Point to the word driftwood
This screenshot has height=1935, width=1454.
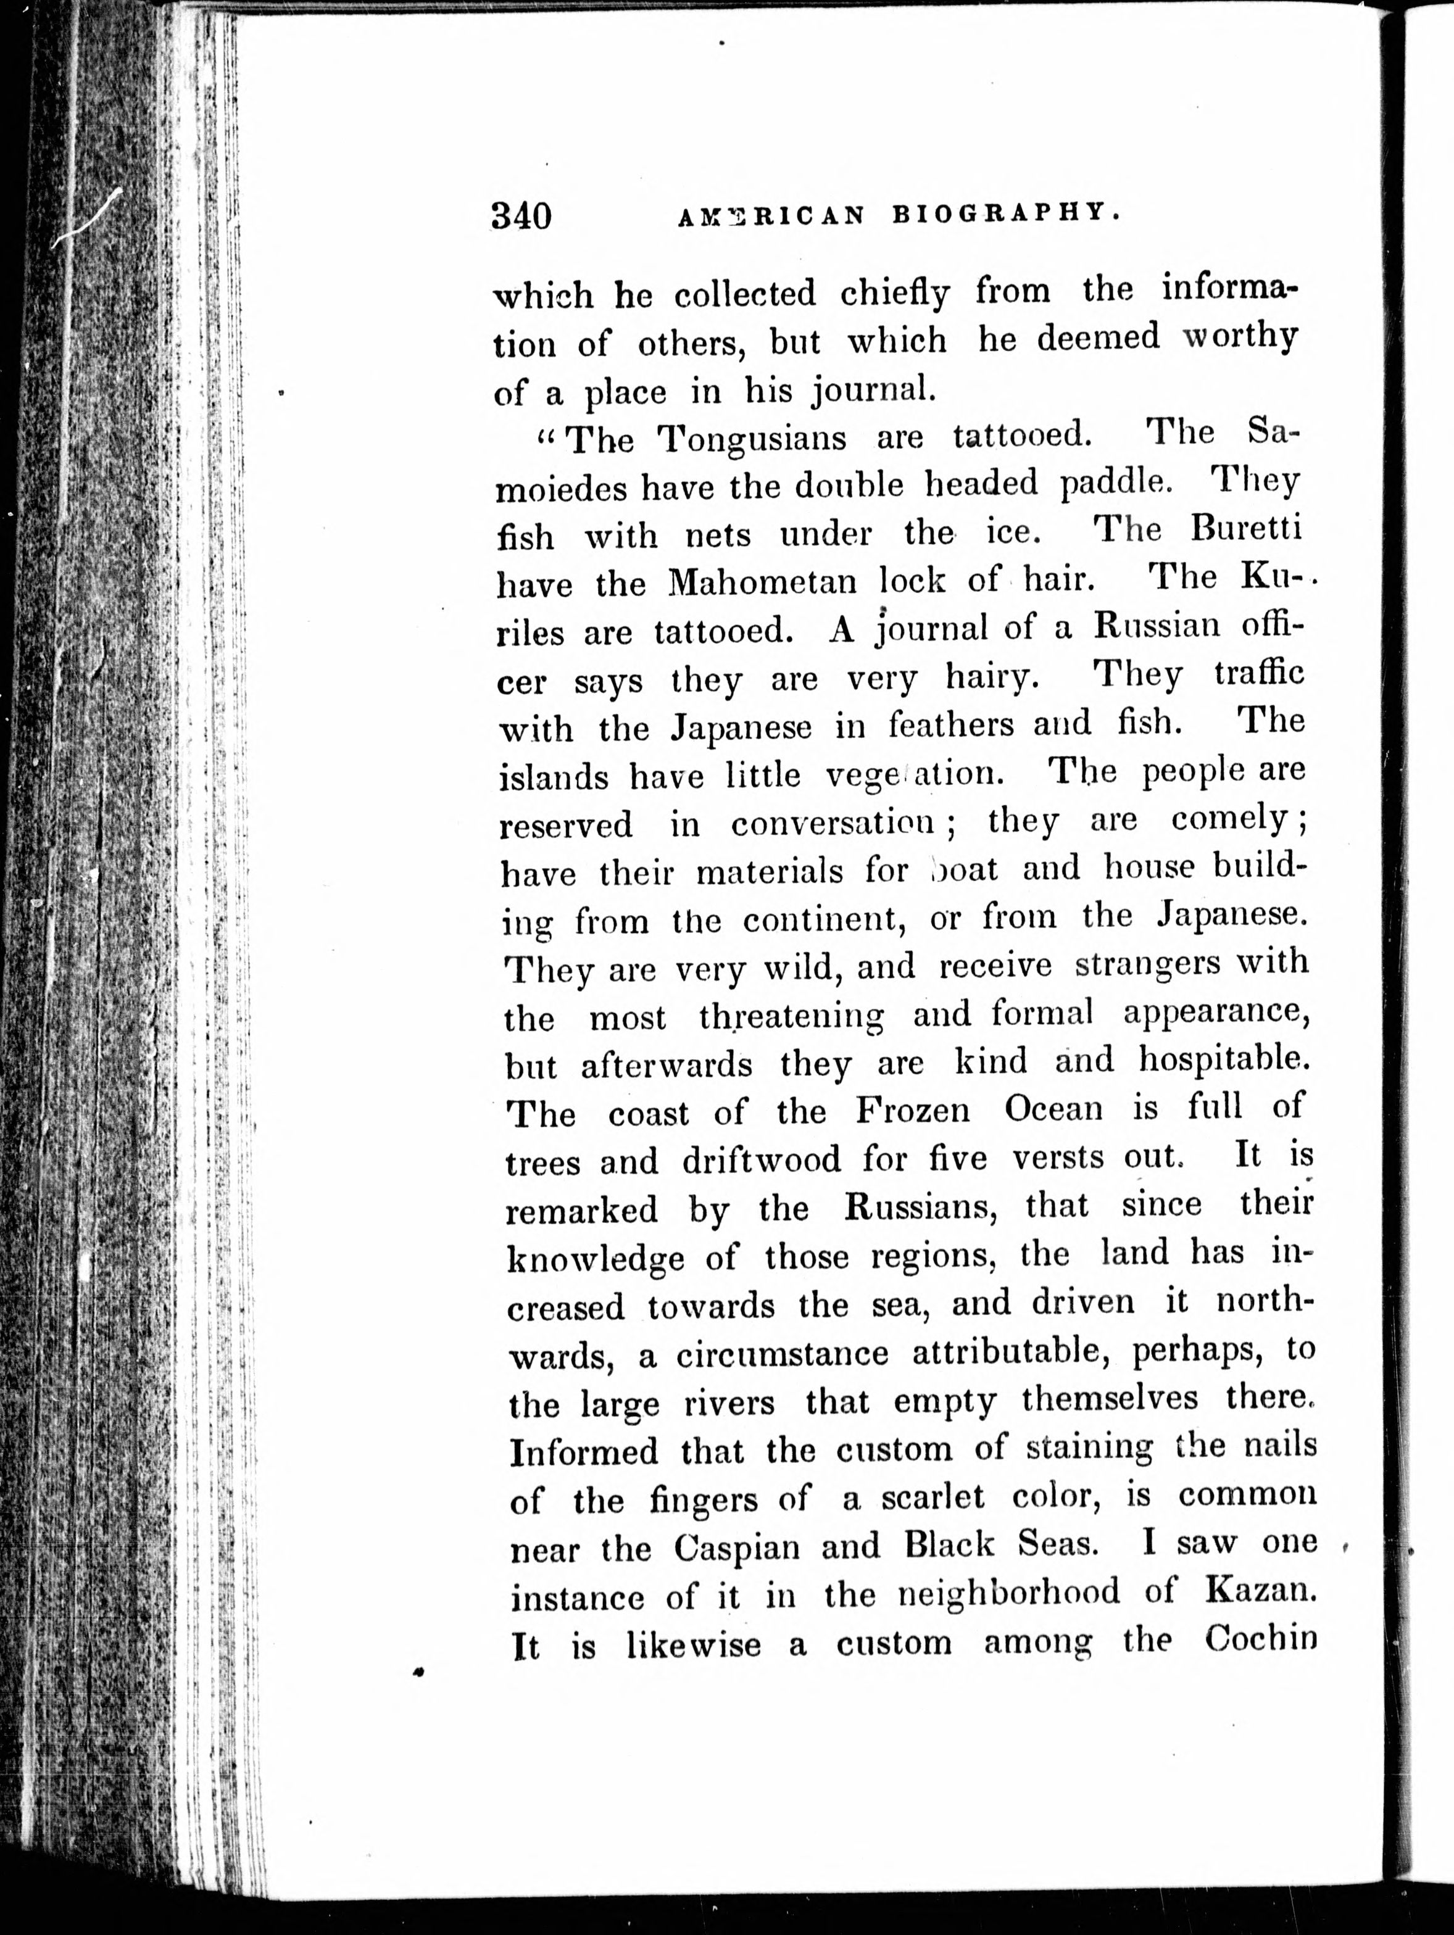pos(761,1160)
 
